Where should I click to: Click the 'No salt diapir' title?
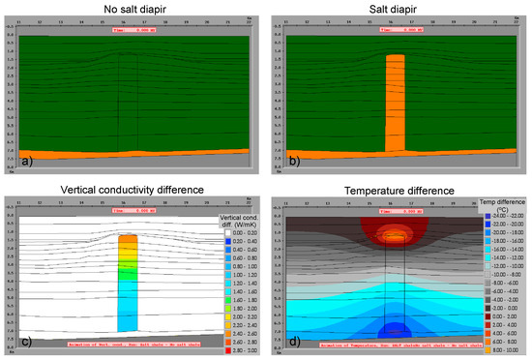tap(133, 11)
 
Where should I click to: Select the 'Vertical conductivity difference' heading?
tap(133, 190)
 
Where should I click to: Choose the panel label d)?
tap(281, 340)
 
